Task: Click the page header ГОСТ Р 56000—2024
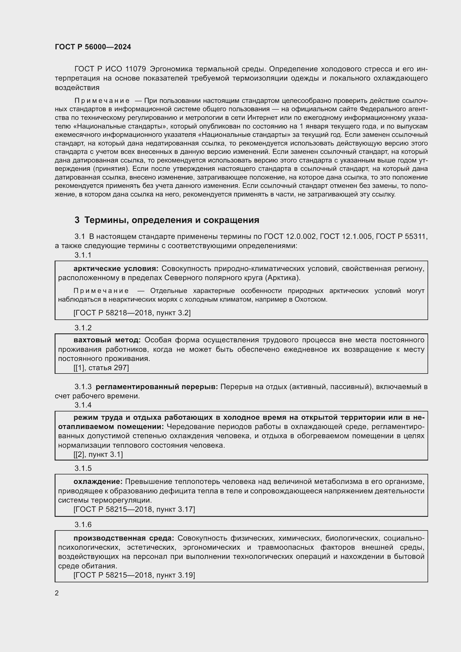point(93,47)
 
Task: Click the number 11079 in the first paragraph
point(135,69)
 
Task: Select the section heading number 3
point(77,220)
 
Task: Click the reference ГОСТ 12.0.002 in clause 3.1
point(290,237)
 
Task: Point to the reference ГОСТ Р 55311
point(401,237)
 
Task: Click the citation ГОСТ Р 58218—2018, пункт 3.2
point(132,313)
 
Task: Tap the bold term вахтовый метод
point(107,340)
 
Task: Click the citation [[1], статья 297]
point(101,368)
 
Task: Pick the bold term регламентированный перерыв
point(157,387)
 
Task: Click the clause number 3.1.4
point(83,405)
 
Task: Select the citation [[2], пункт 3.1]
point(98,455)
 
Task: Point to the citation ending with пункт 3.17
point(134,510)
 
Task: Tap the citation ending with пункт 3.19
point(134,575)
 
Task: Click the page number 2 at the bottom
point(57,593)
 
